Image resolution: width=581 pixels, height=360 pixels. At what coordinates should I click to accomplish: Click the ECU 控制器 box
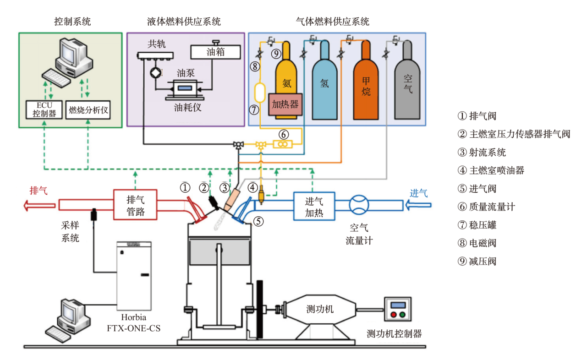click(44, 109)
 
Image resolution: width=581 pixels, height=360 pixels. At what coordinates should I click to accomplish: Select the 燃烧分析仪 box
click(88, 110)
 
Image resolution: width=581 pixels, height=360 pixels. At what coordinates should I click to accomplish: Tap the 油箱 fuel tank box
click(215, 52)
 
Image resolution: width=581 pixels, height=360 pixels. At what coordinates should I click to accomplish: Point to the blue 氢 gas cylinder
click(324, 82)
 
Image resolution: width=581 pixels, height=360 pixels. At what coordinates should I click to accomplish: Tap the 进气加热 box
click(314, 205)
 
